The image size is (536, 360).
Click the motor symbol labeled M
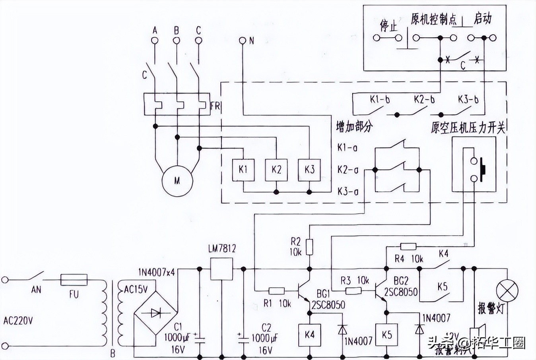click(177, 181)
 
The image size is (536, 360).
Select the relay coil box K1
click(243, 170)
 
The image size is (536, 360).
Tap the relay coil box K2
click(276, 170)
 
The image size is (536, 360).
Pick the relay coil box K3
click(309, 170)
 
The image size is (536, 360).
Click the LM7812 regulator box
click(221, 269)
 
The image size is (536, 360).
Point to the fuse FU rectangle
click(74, 280)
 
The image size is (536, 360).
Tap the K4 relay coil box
click(309, 335)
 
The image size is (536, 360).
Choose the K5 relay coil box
click(386, 335)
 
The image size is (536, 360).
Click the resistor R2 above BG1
click(309, 246)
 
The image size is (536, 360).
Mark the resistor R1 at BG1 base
click(276, 291)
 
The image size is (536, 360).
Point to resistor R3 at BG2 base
click(353, 291)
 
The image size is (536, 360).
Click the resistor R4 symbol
click(408, 246)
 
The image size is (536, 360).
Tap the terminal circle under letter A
click(155, 40)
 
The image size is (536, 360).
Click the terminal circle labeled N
click(243, 40)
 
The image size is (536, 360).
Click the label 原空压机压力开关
click(468, 128)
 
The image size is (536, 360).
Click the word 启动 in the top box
click(483, 19)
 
